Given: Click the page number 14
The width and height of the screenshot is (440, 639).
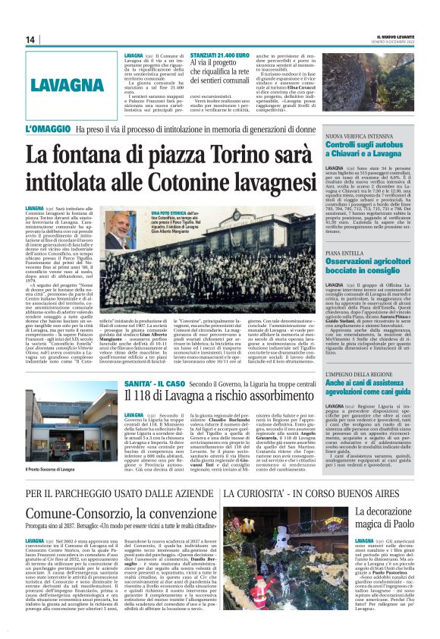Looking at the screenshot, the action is coord(30,39).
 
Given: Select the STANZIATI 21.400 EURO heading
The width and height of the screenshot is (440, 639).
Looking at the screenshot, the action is coord(220,56).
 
